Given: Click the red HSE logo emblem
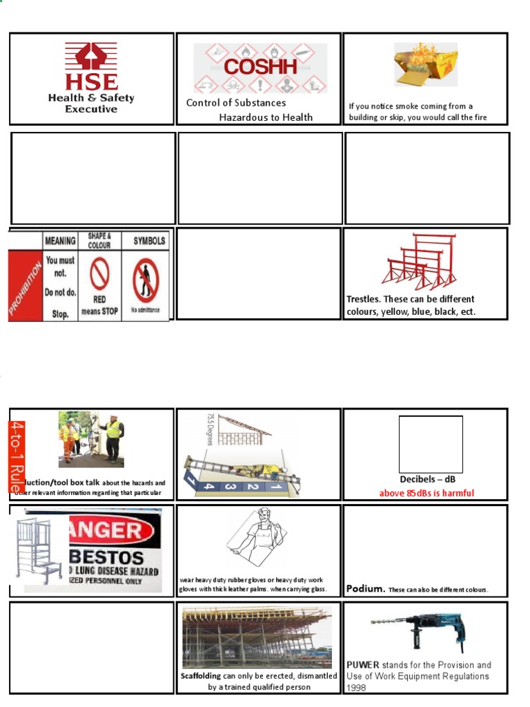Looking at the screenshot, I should pos(91,57).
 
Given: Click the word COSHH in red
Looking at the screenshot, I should pos(260,67).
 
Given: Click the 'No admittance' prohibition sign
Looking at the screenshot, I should pos(146,280).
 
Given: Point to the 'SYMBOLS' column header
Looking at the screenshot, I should pos(149,241).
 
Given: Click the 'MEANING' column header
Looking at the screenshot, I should pos(60,241).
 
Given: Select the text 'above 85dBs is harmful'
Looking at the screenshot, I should pos(426,493).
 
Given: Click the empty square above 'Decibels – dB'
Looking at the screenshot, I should pos(431,444).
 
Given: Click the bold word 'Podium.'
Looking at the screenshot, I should pos(365,589).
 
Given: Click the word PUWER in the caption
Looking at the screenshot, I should pos(363,665).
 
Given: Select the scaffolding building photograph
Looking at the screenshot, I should pos(257,637).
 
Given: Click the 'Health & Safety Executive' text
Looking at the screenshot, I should pos(91,103).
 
